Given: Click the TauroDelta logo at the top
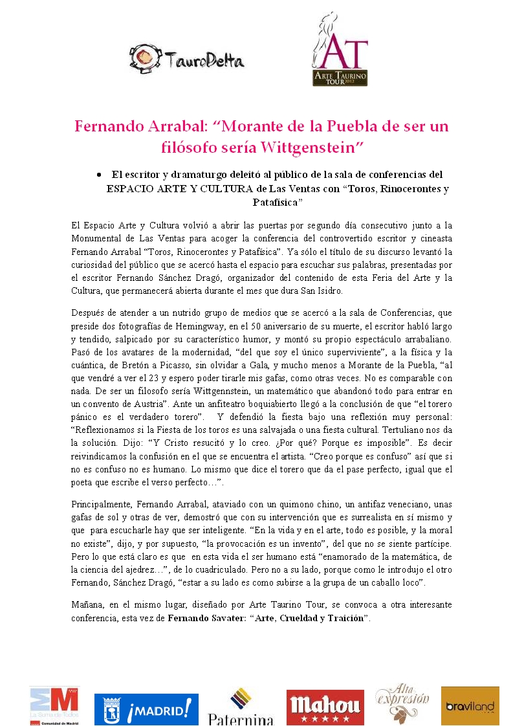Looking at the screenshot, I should click(x=187, y=58).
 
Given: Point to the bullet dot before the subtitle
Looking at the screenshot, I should click(x=97, y=175).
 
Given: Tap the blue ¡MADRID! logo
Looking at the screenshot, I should click(x=146, y=709).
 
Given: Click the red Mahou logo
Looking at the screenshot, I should click(x=325, y=707).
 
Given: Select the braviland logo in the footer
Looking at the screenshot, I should click(x=470, y=706).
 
